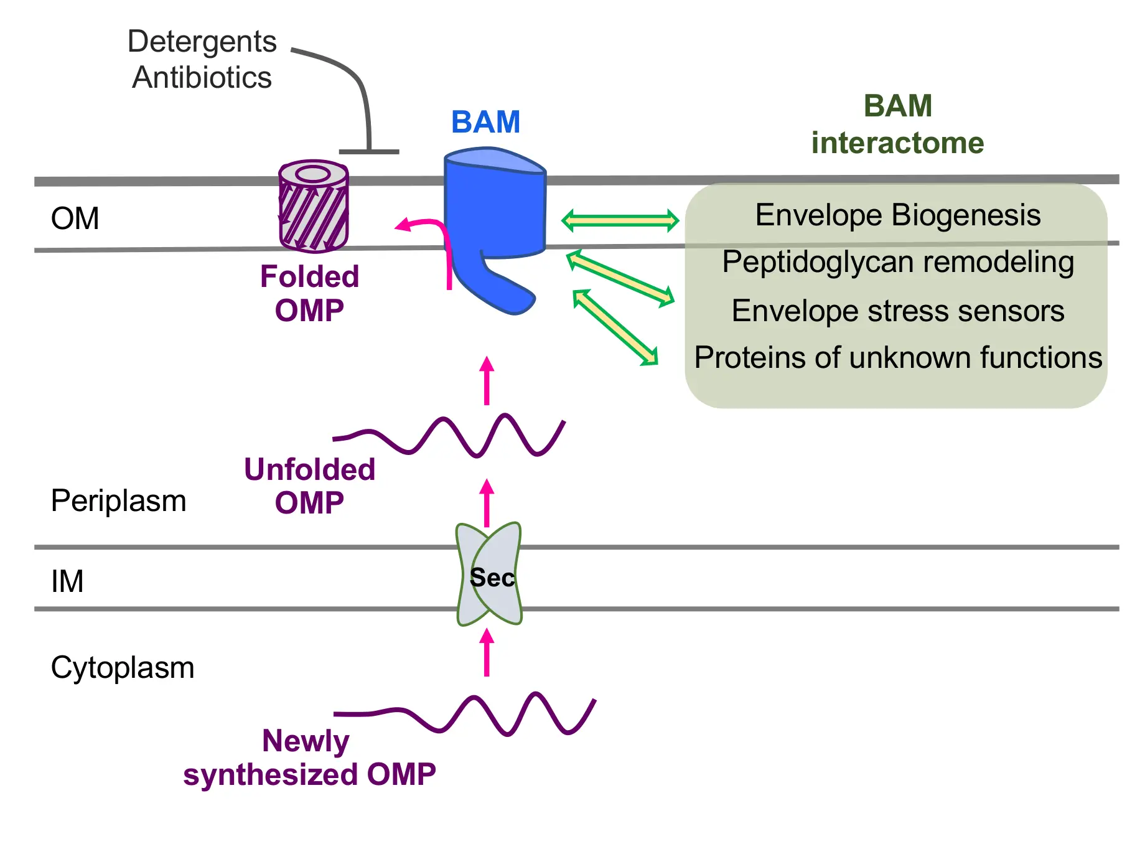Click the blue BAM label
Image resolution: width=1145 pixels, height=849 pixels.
click(485, 122)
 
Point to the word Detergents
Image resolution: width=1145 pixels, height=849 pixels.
click(202, 42)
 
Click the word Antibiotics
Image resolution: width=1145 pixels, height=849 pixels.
click(202, 78)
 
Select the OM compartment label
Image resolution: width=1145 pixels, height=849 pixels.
click(75, 218)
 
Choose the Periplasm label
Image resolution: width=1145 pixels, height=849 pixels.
click(118, 501)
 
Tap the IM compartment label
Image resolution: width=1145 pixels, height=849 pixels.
click(67, 581)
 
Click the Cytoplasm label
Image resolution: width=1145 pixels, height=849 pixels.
click(123, 668)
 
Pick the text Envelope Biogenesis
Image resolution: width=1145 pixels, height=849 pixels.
click(897, 215)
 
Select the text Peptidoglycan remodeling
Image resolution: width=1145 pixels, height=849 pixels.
click(897, 262)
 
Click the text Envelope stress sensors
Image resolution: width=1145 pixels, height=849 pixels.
click(897, 311)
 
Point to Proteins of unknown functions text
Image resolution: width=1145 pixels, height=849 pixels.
click(897, 358)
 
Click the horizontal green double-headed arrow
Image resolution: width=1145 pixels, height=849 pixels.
click(620, 220)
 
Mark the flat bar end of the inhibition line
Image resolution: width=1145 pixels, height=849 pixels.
click(369, 151)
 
